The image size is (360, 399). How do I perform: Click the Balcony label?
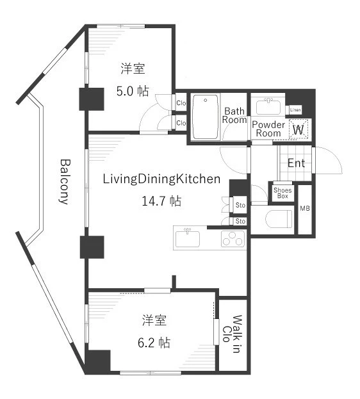(x=65, y=182)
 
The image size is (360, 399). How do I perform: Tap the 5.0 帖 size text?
(x=133, y=91)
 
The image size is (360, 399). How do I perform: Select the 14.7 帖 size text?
(x=161, y=201)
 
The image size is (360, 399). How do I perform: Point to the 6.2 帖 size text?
(x=154, y=343)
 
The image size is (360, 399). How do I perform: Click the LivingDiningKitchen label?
(x=161, y=179)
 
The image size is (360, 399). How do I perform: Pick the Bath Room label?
(x=234, y=115)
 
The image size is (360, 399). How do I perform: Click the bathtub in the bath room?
(x=206, y=117)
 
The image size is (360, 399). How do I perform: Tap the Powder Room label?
(x=268, y=129)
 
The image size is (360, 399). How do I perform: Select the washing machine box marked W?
(x=299, y=129)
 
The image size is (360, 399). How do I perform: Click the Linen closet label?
(x=295, y=110)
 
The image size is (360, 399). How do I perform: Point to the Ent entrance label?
(x=296, y=163)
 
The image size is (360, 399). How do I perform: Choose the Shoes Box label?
(x=282, y=193)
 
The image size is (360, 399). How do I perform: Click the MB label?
(x=305, y=208)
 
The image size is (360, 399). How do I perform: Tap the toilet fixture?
(x=279, y=219)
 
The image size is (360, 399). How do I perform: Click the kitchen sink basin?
(x=188, y=238)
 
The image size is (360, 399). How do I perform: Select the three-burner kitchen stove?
(x=233, y=239)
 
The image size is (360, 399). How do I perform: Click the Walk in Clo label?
(x=233, y=334)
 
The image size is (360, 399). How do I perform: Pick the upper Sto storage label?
(x=240, y=205)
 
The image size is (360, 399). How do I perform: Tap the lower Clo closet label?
(x=181, y=123)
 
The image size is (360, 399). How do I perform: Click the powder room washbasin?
(x=268, y=107)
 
